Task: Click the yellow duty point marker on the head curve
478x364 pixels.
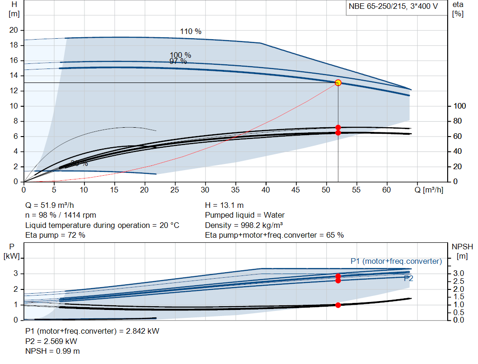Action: [338, 82]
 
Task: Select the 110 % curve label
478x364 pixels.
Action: [190, 32]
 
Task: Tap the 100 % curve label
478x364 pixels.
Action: [180, 55]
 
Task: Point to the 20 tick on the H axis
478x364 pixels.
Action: [14, 30]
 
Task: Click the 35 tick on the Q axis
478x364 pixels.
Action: [235, 190]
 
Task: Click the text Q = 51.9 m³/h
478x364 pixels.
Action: [49, 205]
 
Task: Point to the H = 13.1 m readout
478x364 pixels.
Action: [224, 205]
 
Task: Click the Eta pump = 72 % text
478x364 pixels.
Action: [55, 235]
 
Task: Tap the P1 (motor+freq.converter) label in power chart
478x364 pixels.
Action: [396, 261]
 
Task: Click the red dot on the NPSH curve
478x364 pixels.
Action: [338, 305]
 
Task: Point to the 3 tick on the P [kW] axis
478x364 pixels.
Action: [15, 274]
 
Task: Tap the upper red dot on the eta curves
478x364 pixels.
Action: [338, 127]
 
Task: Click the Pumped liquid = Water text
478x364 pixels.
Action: [245, 215]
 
